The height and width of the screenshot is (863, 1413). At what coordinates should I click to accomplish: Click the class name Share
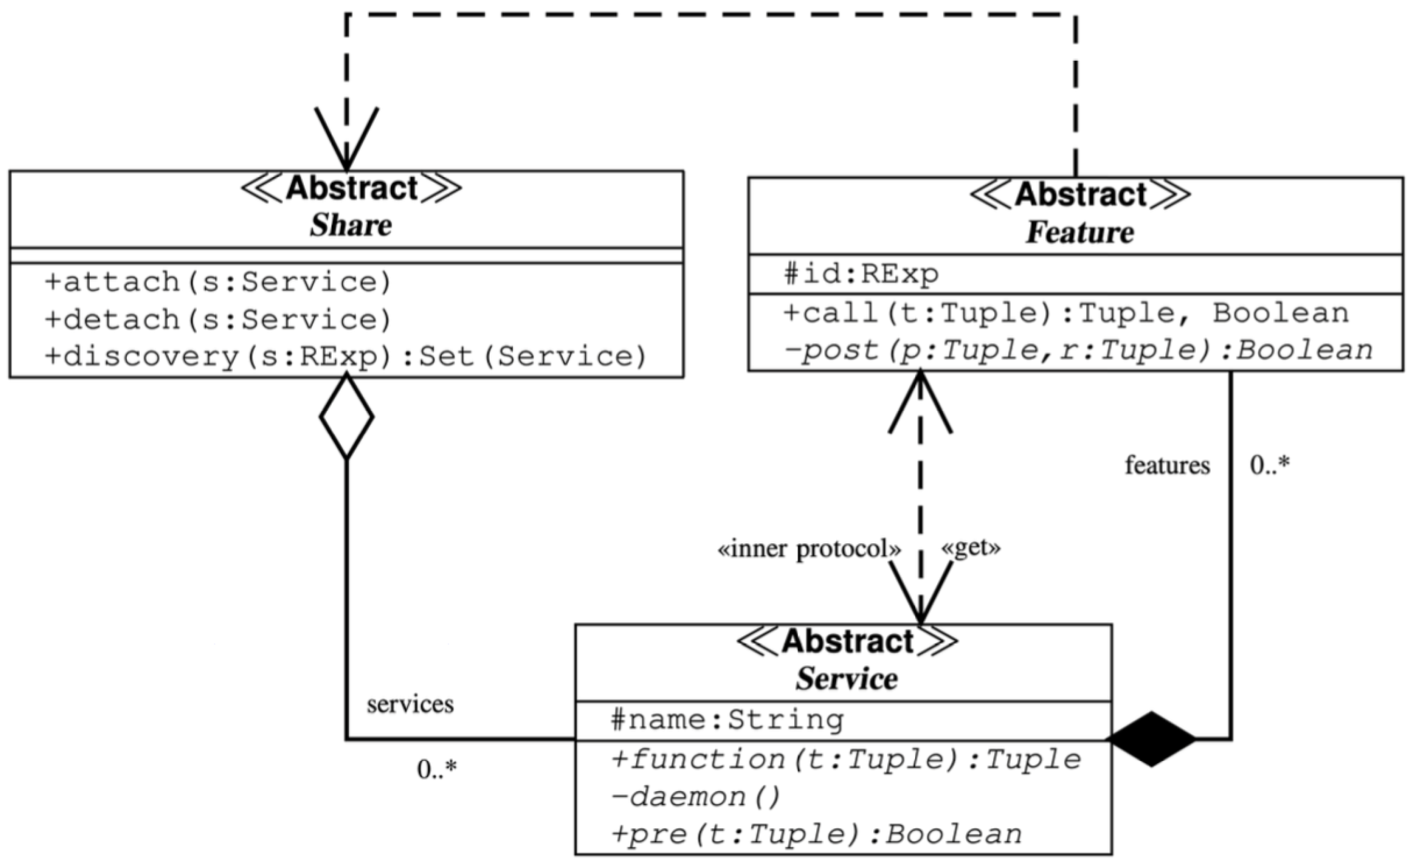tap(351, 225)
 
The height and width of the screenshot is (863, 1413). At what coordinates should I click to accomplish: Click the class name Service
tap(846, 679)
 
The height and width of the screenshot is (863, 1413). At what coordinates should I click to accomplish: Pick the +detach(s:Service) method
tap(218, 320)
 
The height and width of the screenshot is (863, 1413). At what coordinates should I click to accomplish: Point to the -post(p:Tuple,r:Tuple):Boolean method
tap(1078, 350)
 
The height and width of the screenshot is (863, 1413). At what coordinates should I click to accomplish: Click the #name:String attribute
tap(727, 719)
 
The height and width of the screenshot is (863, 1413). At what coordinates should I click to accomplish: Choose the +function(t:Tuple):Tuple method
tap(846, 759)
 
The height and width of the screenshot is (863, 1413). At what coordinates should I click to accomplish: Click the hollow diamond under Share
tap(347, 417)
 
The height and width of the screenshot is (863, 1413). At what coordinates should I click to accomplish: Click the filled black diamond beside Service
tap(1151, 739)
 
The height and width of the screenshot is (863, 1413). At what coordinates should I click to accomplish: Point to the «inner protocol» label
tap(809, 549)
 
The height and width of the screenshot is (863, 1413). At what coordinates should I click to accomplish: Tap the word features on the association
tap(1167, 465)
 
